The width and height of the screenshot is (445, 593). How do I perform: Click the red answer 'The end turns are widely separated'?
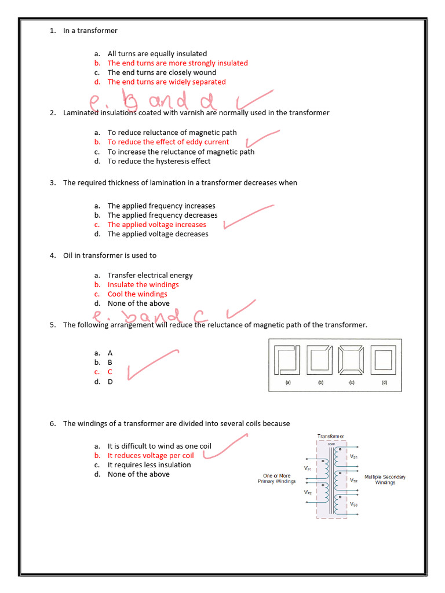166,82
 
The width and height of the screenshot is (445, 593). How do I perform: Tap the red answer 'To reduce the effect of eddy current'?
168,142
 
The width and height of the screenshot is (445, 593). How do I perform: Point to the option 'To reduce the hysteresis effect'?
159,161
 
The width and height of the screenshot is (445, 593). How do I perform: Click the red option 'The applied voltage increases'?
156,225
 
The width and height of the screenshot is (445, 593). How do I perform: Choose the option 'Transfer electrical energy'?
150,275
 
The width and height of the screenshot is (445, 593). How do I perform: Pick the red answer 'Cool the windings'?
137,294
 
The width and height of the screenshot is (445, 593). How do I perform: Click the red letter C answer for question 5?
110,372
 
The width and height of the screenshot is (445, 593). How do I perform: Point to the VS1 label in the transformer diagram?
353,457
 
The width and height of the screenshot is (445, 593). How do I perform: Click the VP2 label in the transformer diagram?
308,492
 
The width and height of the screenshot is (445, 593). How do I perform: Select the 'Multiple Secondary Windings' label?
385,479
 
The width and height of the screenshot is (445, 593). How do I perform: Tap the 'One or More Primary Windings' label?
276,478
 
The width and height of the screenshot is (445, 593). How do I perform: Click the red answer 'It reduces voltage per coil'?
151,455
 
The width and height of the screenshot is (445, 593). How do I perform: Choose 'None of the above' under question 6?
138,474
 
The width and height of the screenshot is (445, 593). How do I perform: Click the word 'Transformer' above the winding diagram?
330,436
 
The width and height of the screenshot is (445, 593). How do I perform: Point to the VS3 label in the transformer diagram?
353,504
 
